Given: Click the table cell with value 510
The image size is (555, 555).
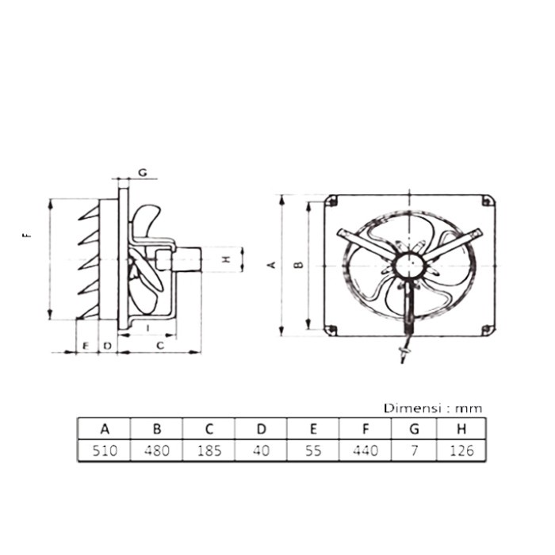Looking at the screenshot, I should coord(104,451).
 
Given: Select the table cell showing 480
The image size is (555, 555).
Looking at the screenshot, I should coord(157,451).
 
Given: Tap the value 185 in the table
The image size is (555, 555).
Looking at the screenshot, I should coord(209,451).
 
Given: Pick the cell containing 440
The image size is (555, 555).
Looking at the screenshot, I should coord(365,451).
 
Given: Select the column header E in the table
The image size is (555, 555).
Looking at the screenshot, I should coord(313,429).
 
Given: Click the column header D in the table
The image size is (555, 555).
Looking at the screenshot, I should coord(261,429).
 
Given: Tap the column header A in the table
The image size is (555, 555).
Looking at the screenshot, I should coord(104,429).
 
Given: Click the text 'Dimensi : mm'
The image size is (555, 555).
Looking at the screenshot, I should coord(433,408).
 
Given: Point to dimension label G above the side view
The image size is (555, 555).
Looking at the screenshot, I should coord(143,172).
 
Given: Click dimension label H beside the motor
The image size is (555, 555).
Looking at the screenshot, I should coord(225,259).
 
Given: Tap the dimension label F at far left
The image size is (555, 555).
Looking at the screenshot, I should coord(28,235).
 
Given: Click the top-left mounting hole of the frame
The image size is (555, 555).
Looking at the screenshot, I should coord(333,199).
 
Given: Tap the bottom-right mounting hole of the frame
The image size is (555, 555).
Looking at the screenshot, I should coord(486,330).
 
